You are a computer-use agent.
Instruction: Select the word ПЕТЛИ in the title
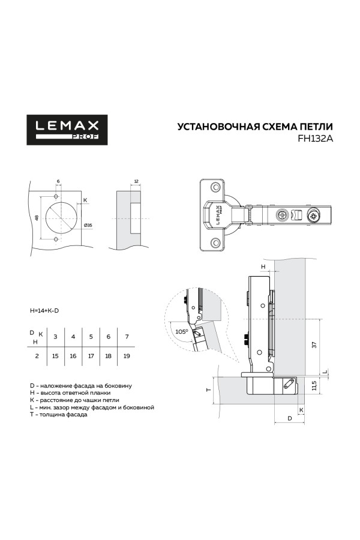point(315,127)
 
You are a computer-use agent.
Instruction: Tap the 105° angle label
point(182,331)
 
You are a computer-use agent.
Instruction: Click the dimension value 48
point(36,218)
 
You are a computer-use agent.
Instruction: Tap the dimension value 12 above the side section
point(136,181)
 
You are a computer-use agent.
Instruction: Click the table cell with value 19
point(126,356)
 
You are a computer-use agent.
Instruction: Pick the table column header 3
point(55,337)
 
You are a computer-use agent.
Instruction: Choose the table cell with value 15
point(55,356)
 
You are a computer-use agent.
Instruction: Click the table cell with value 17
point(91,356)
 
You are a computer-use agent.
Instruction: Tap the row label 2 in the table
point(37,356)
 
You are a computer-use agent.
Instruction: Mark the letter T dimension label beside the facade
point(207,390)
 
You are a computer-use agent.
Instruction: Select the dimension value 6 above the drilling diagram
point(58,181)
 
